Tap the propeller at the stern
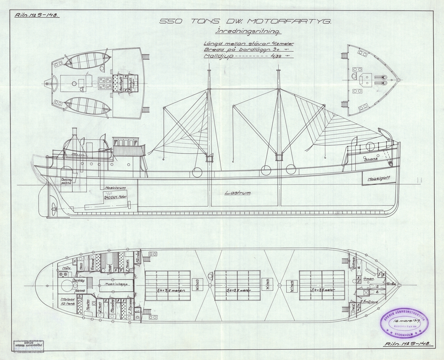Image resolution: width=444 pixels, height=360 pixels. [54, 209]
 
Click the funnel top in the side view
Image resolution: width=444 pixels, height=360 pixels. [74, 130]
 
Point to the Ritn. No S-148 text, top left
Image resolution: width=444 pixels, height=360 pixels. [36, 16]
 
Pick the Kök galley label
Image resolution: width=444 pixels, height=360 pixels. [67, 268]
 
